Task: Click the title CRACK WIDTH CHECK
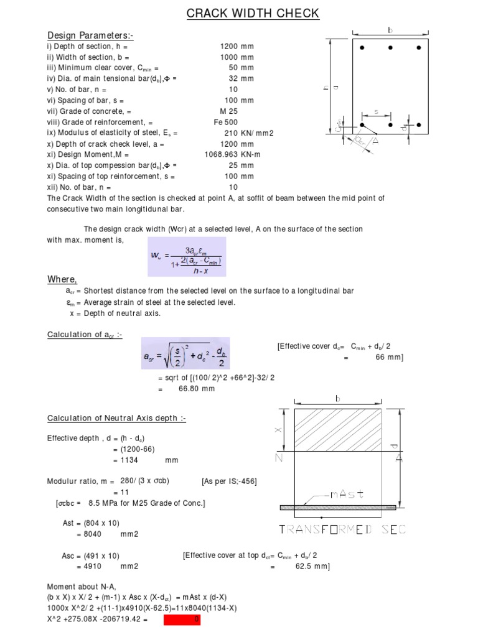point(253,13)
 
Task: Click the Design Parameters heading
point(90,36)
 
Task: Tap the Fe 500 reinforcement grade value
point(226,122)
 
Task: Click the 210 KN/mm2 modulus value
point(249,133)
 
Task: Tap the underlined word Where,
point(62,279)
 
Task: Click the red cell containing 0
point(182,620)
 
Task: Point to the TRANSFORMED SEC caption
point(342,529)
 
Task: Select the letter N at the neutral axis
point(279,458)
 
